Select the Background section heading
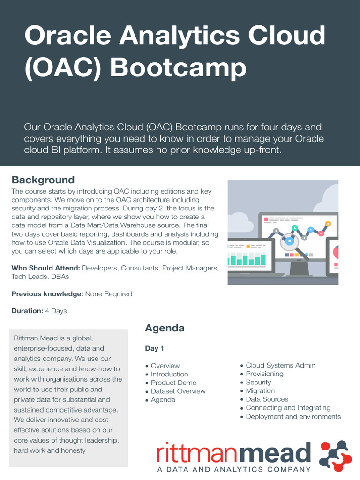point(43,180)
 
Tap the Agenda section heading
point(165,328)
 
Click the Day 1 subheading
point(154,348)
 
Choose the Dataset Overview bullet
point(178,391)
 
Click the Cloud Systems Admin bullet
point(280,365)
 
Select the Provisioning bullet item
point(264,374)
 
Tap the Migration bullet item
point(260,390)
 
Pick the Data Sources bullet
point(267,399)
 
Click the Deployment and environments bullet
point(293,416)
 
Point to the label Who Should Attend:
point(46,268)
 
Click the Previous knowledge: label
point(47,294)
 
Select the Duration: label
point(27,311)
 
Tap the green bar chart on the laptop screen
point(247,259)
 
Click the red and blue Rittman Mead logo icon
point(335,455)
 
